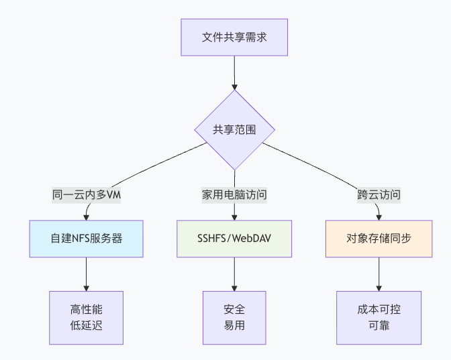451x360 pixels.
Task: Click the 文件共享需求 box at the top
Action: click(x=234, y=37)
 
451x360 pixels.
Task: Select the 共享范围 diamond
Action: click(x=234, y=129)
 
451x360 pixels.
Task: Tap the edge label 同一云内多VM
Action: click(x=87, y=195)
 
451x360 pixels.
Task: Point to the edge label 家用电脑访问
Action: click(x=234, y=195)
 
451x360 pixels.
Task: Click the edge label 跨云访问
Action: click(x=379, y=195)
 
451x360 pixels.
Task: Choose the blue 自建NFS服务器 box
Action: click(x=87, y=238)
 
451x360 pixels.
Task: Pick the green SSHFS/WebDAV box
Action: click(x=234, y=238)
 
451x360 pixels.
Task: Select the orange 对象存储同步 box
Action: click(x=379, y=238)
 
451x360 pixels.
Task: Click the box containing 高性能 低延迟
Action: click(x=87, y=318)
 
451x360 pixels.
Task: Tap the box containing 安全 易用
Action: click(x=234, y=318)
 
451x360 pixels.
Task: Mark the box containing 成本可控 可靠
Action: click(x=379, y=318)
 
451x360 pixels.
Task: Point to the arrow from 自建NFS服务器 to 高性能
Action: click(x=87, y=274)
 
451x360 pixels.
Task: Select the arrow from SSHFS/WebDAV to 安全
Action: click(x=234, y=274)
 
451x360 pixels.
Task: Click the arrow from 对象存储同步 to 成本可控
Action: click(x=379, y=274)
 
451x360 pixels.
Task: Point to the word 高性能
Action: click(x=87, y=310)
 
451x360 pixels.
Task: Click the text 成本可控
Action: click(x=379, y=310)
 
